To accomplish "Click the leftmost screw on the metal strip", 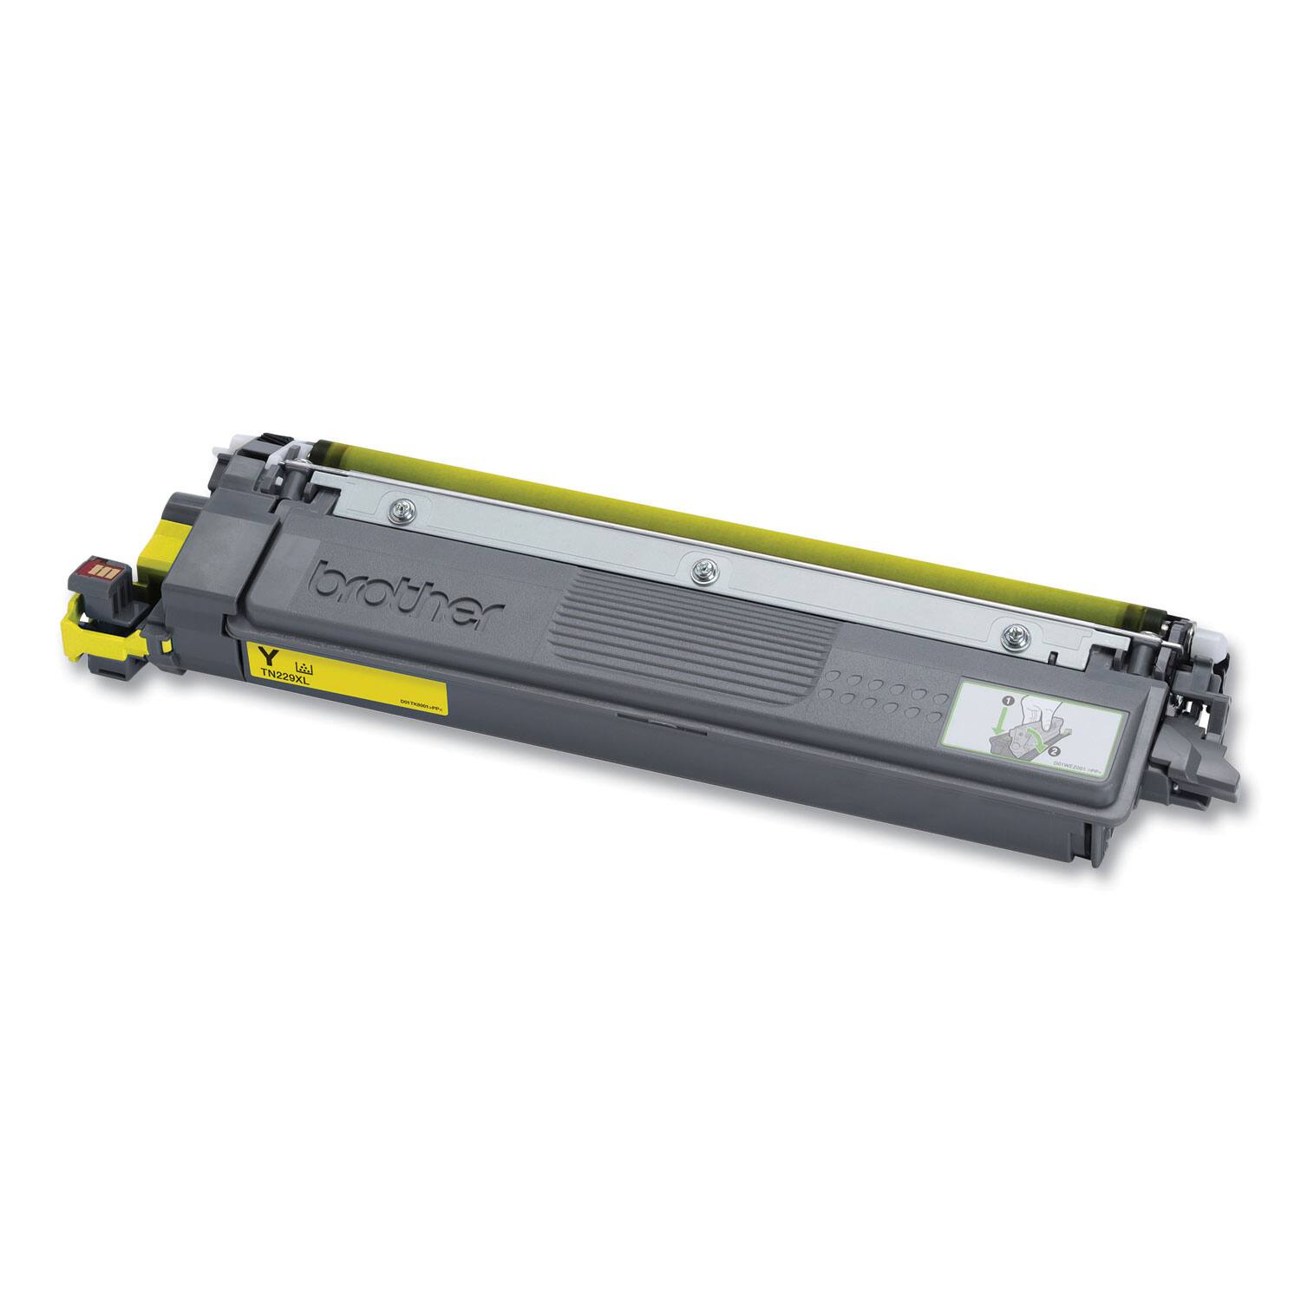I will pyautogui.click(x=399, y=510).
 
